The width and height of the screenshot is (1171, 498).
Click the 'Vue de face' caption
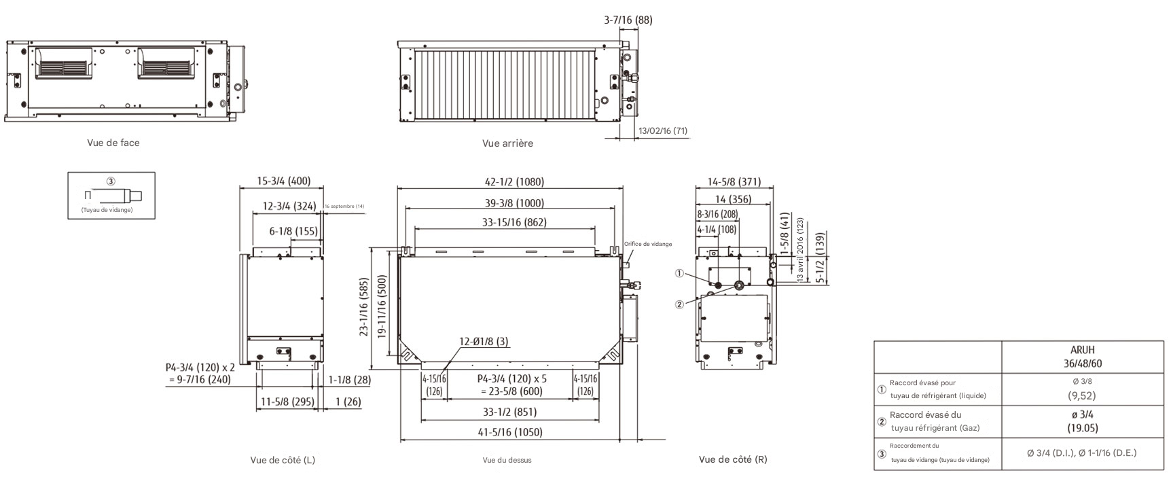pyautogui.click(x=113, y=143)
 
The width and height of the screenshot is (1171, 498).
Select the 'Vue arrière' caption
pyautogui.click(x=507, y=143)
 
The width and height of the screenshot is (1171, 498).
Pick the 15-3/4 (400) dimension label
pyautogui.click(x=283, y=181)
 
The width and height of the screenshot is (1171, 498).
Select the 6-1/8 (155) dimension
pyautogui.click(x=293, y=231)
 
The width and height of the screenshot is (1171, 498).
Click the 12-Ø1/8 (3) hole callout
pyautogui.click(x=484, y=342)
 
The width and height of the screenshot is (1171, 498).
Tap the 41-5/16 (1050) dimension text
pyautogui.click(x=509, y=432)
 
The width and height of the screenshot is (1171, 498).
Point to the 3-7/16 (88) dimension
pyautogui.click(x=628, y=20)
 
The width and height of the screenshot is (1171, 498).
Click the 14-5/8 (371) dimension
pyautogui.click(x=734, y=182)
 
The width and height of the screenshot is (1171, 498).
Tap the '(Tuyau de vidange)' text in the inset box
pyautogui.click(x=107, y=211)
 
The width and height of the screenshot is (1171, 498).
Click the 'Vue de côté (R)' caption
pyautogui.click(x=733, y=459)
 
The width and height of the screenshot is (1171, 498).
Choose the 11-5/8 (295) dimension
pyautogui.click(x=287, y=402)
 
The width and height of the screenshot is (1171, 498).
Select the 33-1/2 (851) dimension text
pyautogui.click(x=509, y=412)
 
